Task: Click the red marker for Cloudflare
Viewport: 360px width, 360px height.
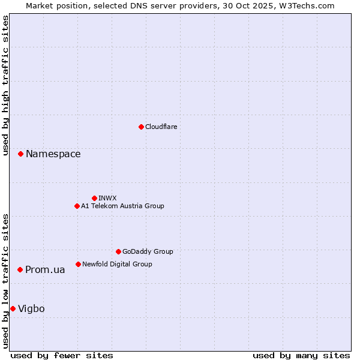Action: pyautogui.click(x=141, y=127)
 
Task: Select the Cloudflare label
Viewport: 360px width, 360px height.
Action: pyautogui.click(x=161, y=127)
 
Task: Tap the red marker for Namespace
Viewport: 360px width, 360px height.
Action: pyautogui.click(x=20, y=154)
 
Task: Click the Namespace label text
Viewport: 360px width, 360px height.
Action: pyautogui.click(x=53, y=154)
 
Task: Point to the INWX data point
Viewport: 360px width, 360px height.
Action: pyautogui.click(x=94, y=198)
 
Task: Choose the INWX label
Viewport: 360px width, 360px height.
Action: pyautogui.click(x=107, y=198)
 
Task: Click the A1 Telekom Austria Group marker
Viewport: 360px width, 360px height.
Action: pyautogui.click(x=77, y=206)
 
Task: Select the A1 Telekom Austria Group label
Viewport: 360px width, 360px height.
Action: pyautogui.click(x=122, y=206)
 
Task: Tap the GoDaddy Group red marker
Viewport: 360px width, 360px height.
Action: pyautogui.click(x=118, y=251)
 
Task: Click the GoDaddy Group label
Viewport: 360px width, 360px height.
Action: pyautogui.click(x=148, y=251)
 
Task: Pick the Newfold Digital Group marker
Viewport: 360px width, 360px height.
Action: pyautogui.click(x=78, y=264)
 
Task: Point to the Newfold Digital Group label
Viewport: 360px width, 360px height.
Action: pyautogui.click(x=117, y=264)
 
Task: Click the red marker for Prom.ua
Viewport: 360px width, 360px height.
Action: pyautogui.click(x=20, y=270)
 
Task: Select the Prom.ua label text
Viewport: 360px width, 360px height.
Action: pyautogui.click(x=45, y=270)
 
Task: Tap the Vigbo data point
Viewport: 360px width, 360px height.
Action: pyautogui.click(x=13, y=308)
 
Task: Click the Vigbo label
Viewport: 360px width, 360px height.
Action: pyautogui.click(x=31, y=309)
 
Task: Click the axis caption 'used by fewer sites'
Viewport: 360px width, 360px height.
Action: pyautogui.click(x=62, y=355)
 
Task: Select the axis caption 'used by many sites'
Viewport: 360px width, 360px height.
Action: pyautogui.click(x=301, y=355)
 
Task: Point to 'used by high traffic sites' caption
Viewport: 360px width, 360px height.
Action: pyautogui.click(x=5, y=86)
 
